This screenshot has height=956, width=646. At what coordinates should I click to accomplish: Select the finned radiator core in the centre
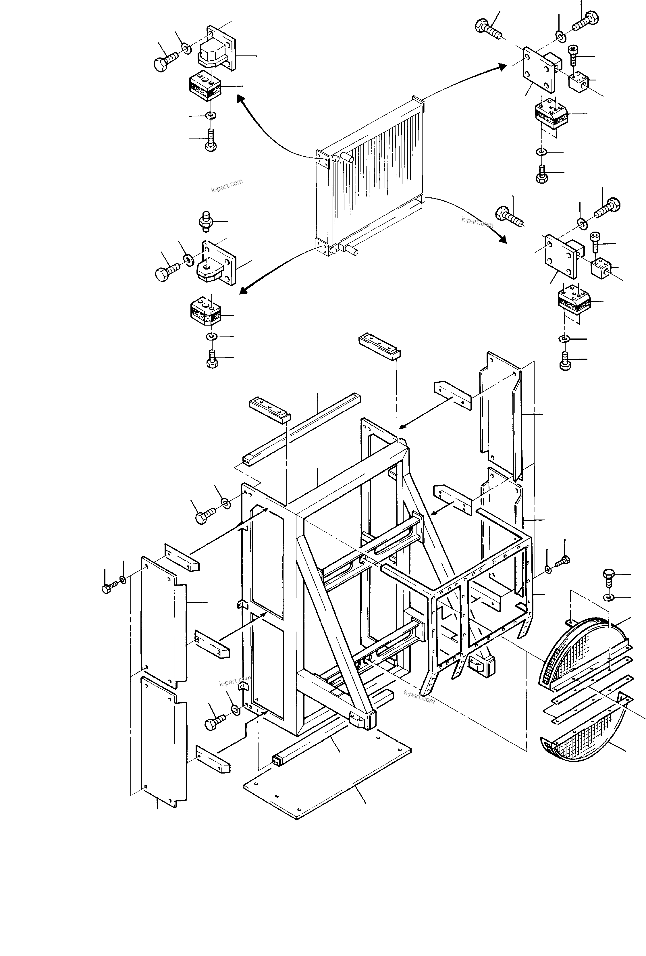370,173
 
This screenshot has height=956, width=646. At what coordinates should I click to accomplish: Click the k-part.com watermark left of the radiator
227,186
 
